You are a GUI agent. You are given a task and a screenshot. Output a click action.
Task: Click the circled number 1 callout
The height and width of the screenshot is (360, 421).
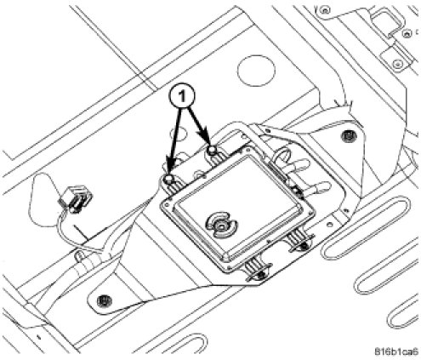(182, 97)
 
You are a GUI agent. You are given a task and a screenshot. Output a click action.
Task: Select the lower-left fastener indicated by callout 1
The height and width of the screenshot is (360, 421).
(168, 180)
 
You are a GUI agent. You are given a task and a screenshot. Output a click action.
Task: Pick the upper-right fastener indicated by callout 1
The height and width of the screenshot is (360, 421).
(211, 150)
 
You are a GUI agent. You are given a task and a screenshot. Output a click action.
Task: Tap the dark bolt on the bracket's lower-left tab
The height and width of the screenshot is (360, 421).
(104, 300)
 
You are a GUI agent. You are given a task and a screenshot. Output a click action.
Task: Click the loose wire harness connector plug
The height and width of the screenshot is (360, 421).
(76, 199)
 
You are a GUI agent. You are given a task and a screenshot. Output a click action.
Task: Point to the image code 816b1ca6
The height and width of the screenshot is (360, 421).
(396, 351)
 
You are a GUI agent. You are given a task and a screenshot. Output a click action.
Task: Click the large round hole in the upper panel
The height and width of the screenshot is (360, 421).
(256, 71)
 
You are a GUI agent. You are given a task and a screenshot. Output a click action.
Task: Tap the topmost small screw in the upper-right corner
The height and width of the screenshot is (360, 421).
(325, 11)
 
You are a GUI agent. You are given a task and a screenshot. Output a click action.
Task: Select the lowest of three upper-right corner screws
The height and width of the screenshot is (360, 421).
(398, 64)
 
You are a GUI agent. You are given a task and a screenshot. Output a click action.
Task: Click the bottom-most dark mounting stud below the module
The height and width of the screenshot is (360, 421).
(261, 274)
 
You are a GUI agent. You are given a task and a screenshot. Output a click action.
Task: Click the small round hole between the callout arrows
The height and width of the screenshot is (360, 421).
(179, 133)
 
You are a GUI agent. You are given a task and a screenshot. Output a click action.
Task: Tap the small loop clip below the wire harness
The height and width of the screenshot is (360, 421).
(79, 256)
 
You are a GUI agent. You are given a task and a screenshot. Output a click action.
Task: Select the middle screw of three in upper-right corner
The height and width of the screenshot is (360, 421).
(407, 33)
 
